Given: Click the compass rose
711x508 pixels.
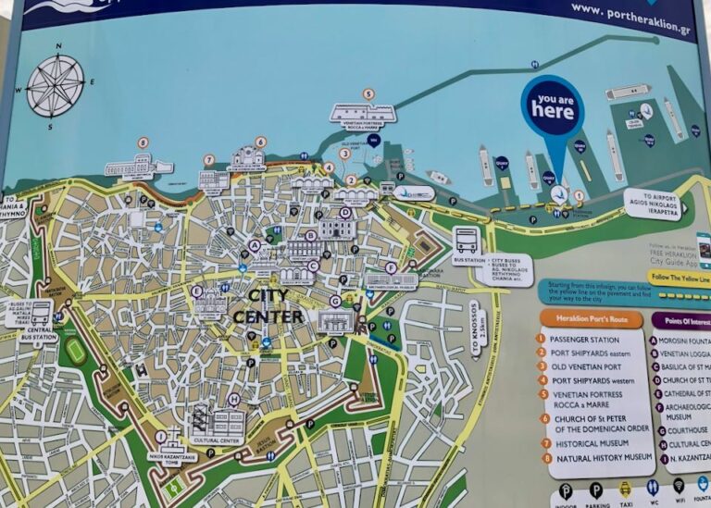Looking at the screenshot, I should [x=55, y=85].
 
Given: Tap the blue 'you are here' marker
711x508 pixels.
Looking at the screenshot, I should [x=552, y=109].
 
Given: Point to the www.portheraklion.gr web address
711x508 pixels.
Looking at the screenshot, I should [x=630, y=8].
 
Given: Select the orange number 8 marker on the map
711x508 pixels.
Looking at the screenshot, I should [x=143, y=142].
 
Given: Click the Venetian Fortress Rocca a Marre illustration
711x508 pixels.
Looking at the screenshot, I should [x=363, y=113].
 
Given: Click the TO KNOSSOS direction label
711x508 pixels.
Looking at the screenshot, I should [x=474, y=329].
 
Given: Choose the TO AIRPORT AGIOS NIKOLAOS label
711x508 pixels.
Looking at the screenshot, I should [x=654, y=204].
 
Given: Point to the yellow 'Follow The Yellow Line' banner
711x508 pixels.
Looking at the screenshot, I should [x=680, y=277].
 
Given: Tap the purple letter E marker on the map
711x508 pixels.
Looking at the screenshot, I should [x=196, y=291].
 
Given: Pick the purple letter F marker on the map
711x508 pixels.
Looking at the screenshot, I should [x=391, y=267].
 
